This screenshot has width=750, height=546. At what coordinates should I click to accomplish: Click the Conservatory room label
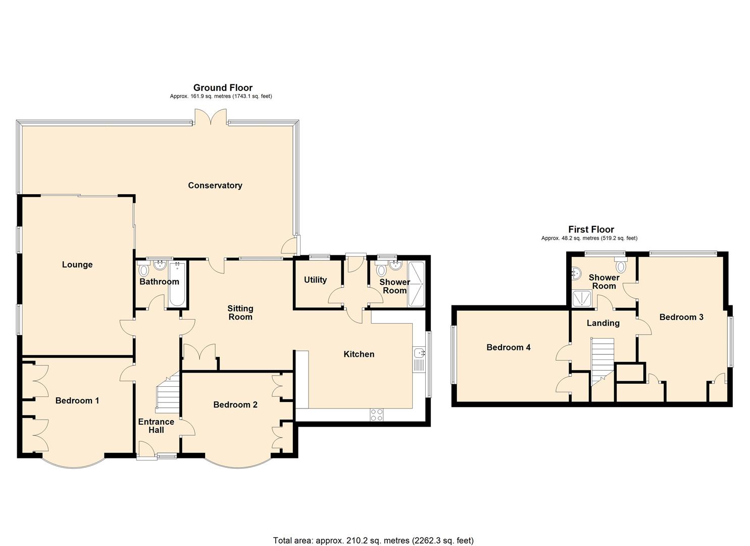pyautogui.click(x=215, y=186)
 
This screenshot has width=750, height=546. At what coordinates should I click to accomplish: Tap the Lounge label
pyautogui.click(x=77, y=264)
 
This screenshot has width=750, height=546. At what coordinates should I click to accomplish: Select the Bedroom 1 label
pyautogui.click(x=77, y=400)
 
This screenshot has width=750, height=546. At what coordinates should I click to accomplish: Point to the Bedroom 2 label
pyautogui.click(x=235, y=404)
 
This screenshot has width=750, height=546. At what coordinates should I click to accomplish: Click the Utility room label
pyautogui.click(x=315, y=280)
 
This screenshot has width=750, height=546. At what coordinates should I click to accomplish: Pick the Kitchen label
pyautogui.click(x=359, y=354)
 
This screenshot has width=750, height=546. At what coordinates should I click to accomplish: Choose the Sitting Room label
pyautogui.click(x=240, y=312)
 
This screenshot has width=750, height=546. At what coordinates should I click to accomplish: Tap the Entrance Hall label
pyautogui.click(x=156, y=426)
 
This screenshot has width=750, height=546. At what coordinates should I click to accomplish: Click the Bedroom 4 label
pyautogui.click(x=508, y=347)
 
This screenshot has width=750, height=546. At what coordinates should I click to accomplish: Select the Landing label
pyautogui.click(x=603, y=323)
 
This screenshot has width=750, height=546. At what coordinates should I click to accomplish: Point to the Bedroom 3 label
pyautogui.click(x=681, y=317)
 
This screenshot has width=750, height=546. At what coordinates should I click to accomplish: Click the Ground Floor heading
pyautogui.click(x=223, y=87)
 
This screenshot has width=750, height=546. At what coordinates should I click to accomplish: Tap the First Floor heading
pyautogui.click(x=591, y=229)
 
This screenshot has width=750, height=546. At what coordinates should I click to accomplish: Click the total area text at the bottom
pyautogui.click(x=373, y=540)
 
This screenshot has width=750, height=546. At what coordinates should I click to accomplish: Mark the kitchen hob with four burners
pyautogui.click(x=377, y=415)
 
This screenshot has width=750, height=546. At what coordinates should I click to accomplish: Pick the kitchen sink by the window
pyautogui.click(x=418, y=359)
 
